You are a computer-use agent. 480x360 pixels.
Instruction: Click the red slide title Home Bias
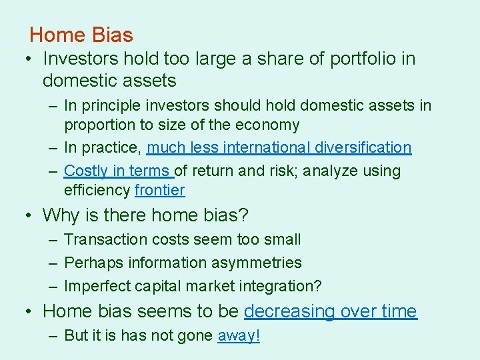pos(81,35)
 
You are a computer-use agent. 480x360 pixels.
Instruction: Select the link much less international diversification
pos(279,147)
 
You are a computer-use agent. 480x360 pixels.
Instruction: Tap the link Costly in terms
pos(117,171)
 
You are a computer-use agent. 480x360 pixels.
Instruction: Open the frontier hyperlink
pos(159,190)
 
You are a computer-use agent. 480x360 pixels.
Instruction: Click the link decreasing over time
pos(330,311)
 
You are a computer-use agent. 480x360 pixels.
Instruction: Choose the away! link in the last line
pos(238,335)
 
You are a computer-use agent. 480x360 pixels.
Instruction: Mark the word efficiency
pos(97,190)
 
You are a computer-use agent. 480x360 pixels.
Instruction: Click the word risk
pos(284,171)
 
